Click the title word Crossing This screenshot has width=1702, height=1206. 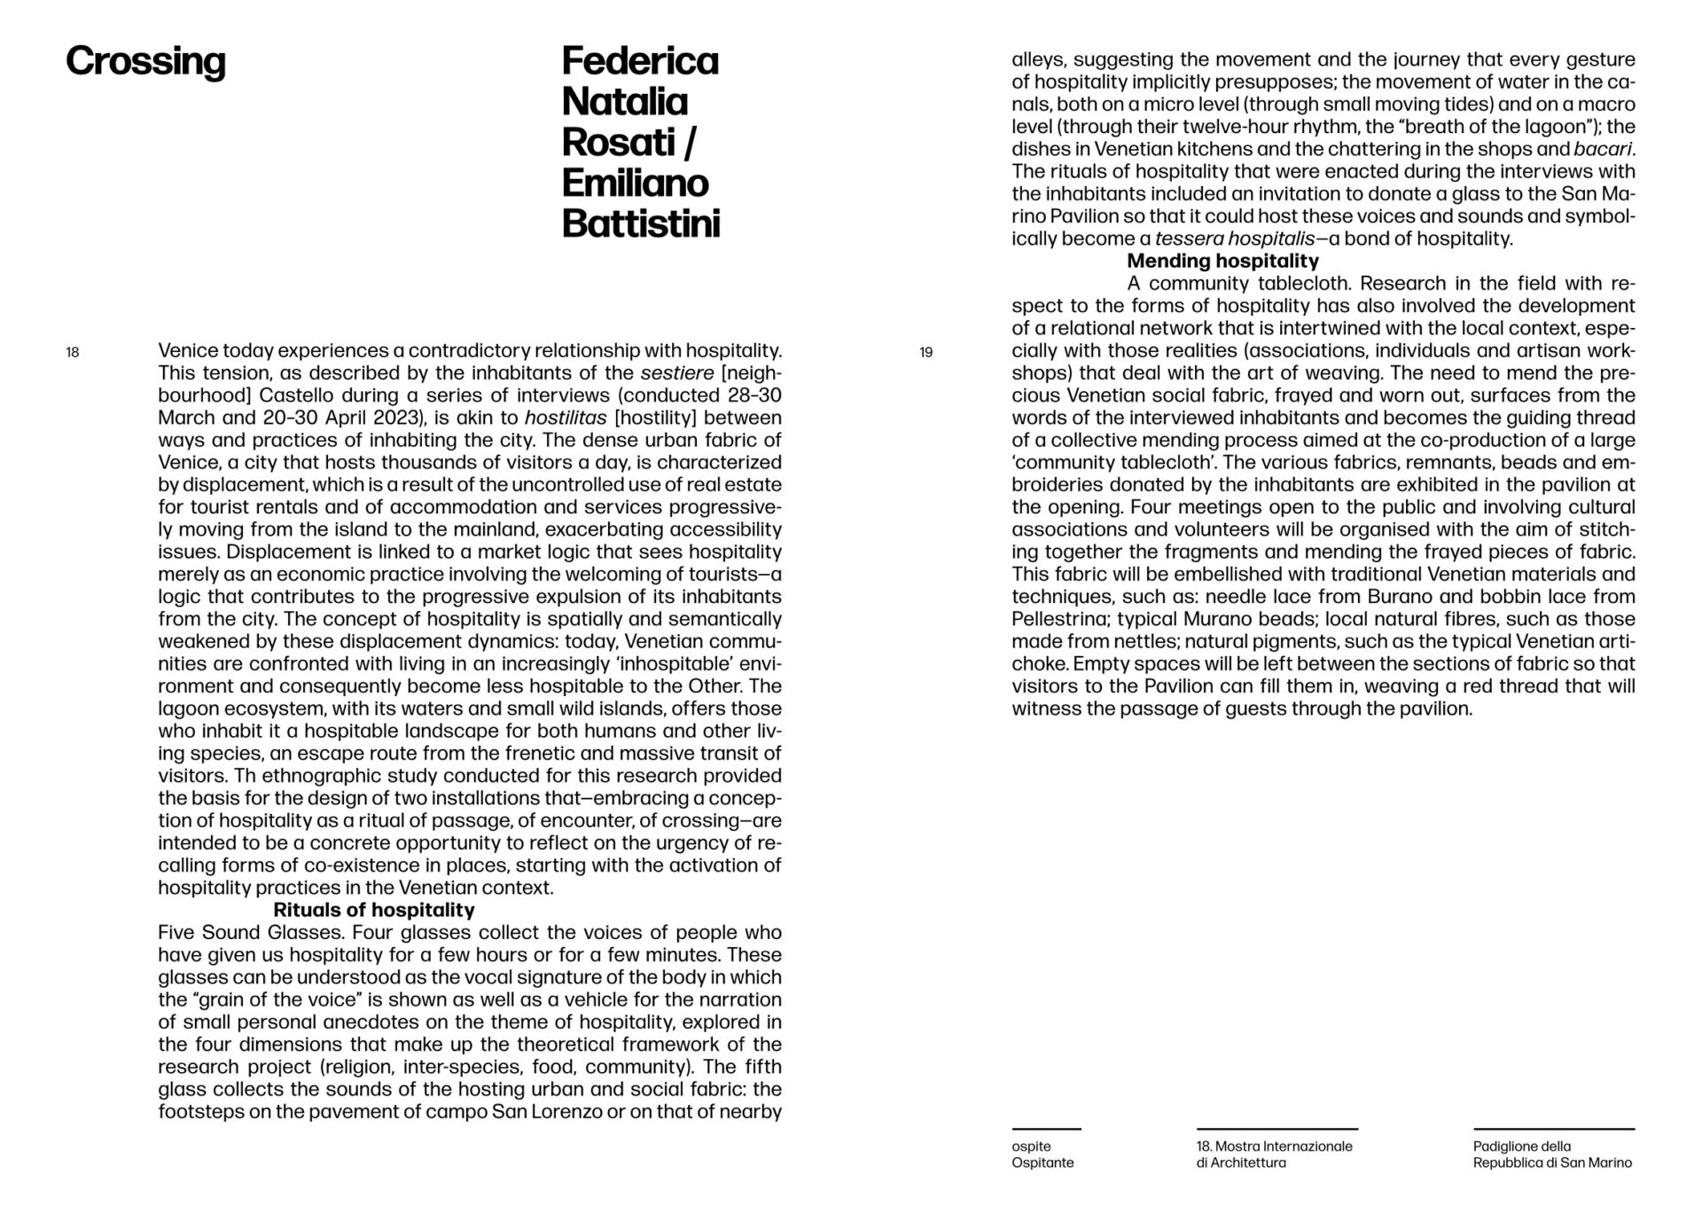click(x=145, y=62)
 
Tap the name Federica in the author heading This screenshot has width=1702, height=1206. click(x=640, y=62)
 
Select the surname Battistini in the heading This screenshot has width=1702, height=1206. click(x=641, y=224)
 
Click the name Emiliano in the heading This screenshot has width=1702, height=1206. click(x=635, y=184)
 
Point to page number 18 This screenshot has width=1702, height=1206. click(x=73, y=353)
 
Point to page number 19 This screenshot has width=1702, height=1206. click(x=926, y=353)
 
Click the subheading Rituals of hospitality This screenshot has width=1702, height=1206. click(x=373, y=910)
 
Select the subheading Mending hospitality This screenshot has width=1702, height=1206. click(x=1222, y=261)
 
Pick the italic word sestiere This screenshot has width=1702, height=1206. click(x=677, y=373)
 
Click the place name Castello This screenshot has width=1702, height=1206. click(x=297, y=395)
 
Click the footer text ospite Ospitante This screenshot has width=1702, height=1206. click(x=1042, y=1155)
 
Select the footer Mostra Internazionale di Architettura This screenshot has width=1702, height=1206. click(x=1274, y=1155)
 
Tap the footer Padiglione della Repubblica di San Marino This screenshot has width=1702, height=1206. click(x=1551, y=1155)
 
